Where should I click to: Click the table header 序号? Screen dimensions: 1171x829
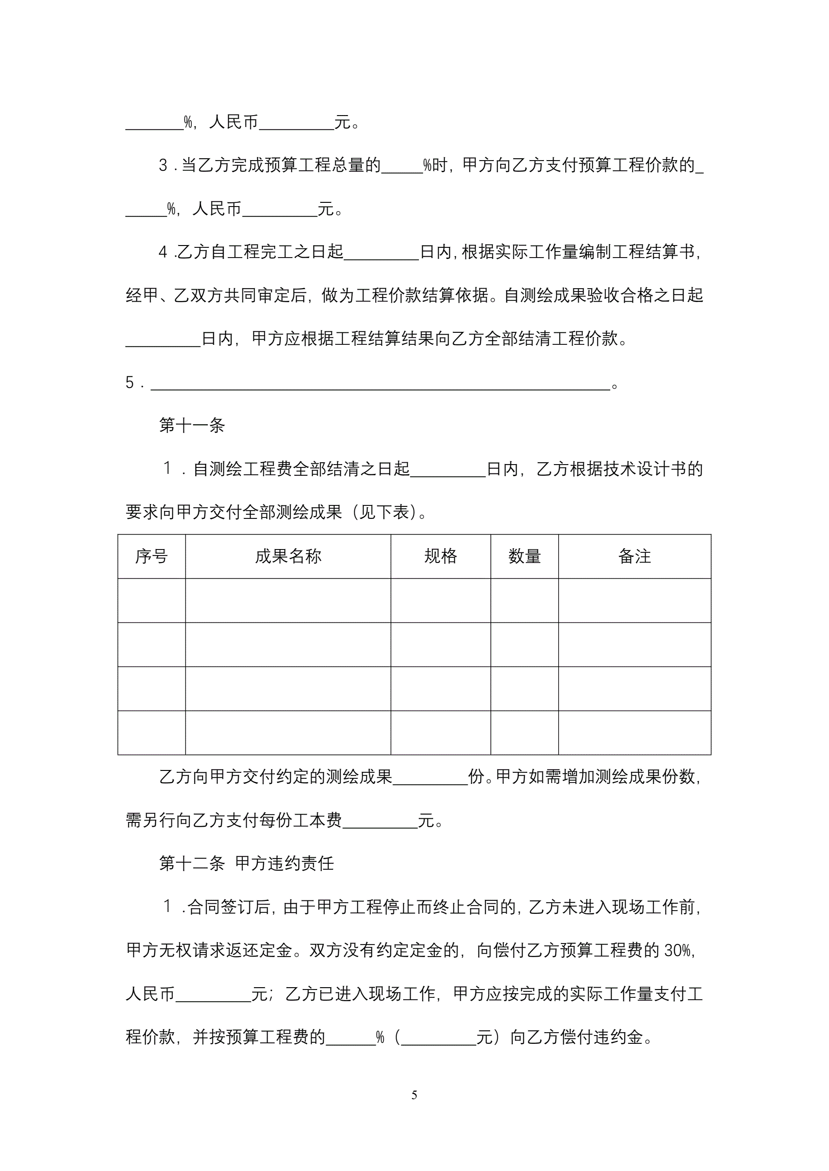pyautogui.click(x=151, y=556)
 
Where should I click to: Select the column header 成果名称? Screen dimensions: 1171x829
pyautogui.click(x=288, y=556)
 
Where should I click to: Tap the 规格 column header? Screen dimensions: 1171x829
pyautogui.click(x=441, y=556)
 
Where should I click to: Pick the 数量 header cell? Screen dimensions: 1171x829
pyautogui.click(x=524, y=556)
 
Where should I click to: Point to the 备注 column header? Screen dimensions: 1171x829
pyautogui.click(x=634, y=556)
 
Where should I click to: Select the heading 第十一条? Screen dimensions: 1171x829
pyautogui.click(x=192, y=425)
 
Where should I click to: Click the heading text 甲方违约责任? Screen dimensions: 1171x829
pyautogui.click(x=284, y=863)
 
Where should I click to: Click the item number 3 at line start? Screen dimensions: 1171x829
pyautogui.click(x=163, y=165)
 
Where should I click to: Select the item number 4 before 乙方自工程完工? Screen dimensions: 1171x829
pyautogui.click(x=163, y=252)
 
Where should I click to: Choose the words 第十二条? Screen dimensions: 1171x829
pyautogui.click(x=192, y=863)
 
